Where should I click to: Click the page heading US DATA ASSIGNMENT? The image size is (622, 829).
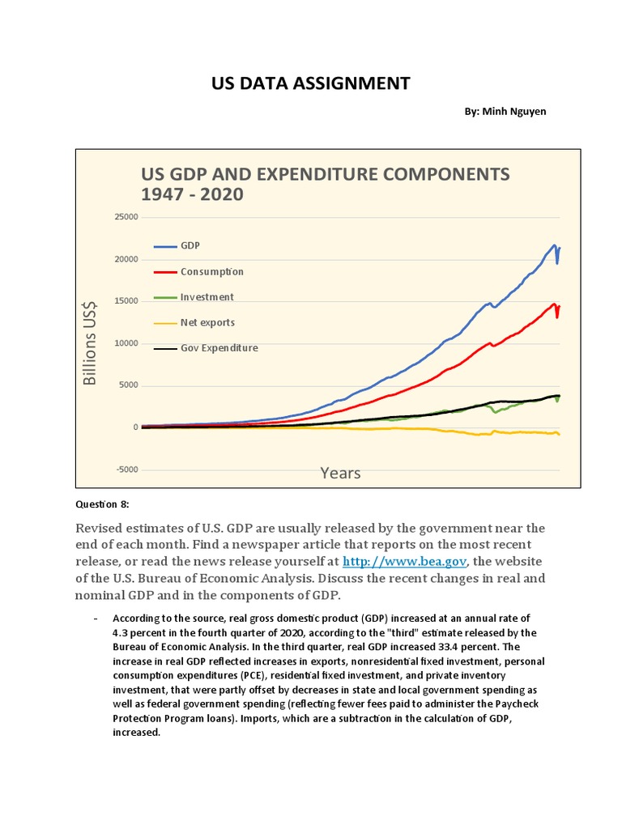coord(311,83)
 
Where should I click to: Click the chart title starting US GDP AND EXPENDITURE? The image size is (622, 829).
coord(326,184)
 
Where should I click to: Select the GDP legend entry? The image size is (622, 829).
coord(191,245)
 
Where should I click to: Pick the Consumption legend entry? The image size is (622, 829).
coord(211,271)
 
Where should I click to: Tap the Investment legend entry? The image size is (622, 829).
coord(207,297)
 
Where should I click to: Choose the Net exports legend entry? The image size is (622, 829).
coord(207,322)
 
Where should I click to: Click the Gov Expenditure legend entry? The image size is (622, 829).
coord(219,348)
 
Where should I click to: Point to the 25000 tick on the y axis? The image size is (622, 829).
coord(126,217)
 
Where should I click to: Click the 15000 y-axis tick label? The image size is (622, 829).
coord(126,301)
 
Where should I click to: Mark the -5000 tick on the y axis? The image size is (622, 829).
coord(126,470)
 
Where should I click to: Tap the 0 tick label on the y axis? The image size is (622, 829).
coord(135,427)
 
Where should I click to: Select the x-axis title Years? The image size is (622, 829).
coord(340,473)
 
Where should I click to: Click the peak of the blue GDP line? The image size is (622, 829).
coord(554,244)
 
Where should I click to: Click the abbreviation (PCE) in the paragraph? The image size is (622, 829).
coord(253,674)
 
